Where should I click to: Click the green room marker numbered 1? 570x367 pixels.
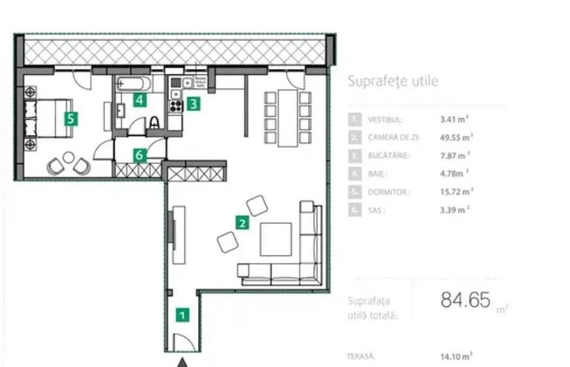pos(183,315)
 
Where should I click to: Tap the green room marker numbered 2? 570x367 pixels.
pos(242,223)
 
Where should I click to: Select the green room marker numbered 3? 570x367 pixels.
pos(193,102)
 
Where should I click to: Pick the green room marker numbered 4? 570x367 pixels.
pos(139,100)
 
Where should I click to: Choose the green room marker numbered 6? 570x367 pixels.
pos(139,154)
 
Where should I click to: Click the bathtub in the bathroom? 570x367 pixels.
pos(133,83)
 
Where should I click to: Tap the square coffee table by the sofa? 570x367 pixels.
pos(276,239)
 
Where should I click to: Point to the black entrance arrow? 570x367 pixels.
pos(183,361)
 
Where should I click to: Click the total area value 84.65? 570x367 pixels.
pos(465,301)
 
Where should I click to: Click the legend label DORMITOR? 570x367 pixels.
pos(388,192)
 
